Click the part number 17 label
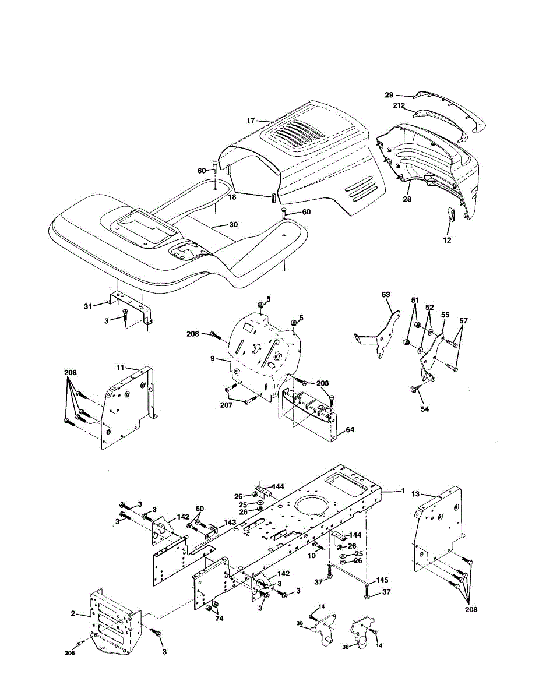(251, 121)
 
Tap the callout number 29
(389, 95)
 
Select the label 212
(399, 105)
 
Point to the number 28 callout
(407, 199)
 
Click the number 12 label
(447, 240)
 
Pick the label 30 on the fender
(233, 224)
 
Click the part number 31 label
(88, 306)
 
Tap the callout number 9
(212, 358)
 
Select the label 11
(120, 368)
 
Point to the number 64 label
(350, 429)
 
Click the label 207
(226, 405)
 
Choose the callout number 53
(386, 294)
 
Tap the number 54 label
(425, 409)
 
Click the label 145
(382, 580)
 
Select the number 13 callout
(415, 493)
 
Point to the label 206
(69, 653)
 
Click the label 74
(219, 618)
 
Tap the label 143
(230, 522)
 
